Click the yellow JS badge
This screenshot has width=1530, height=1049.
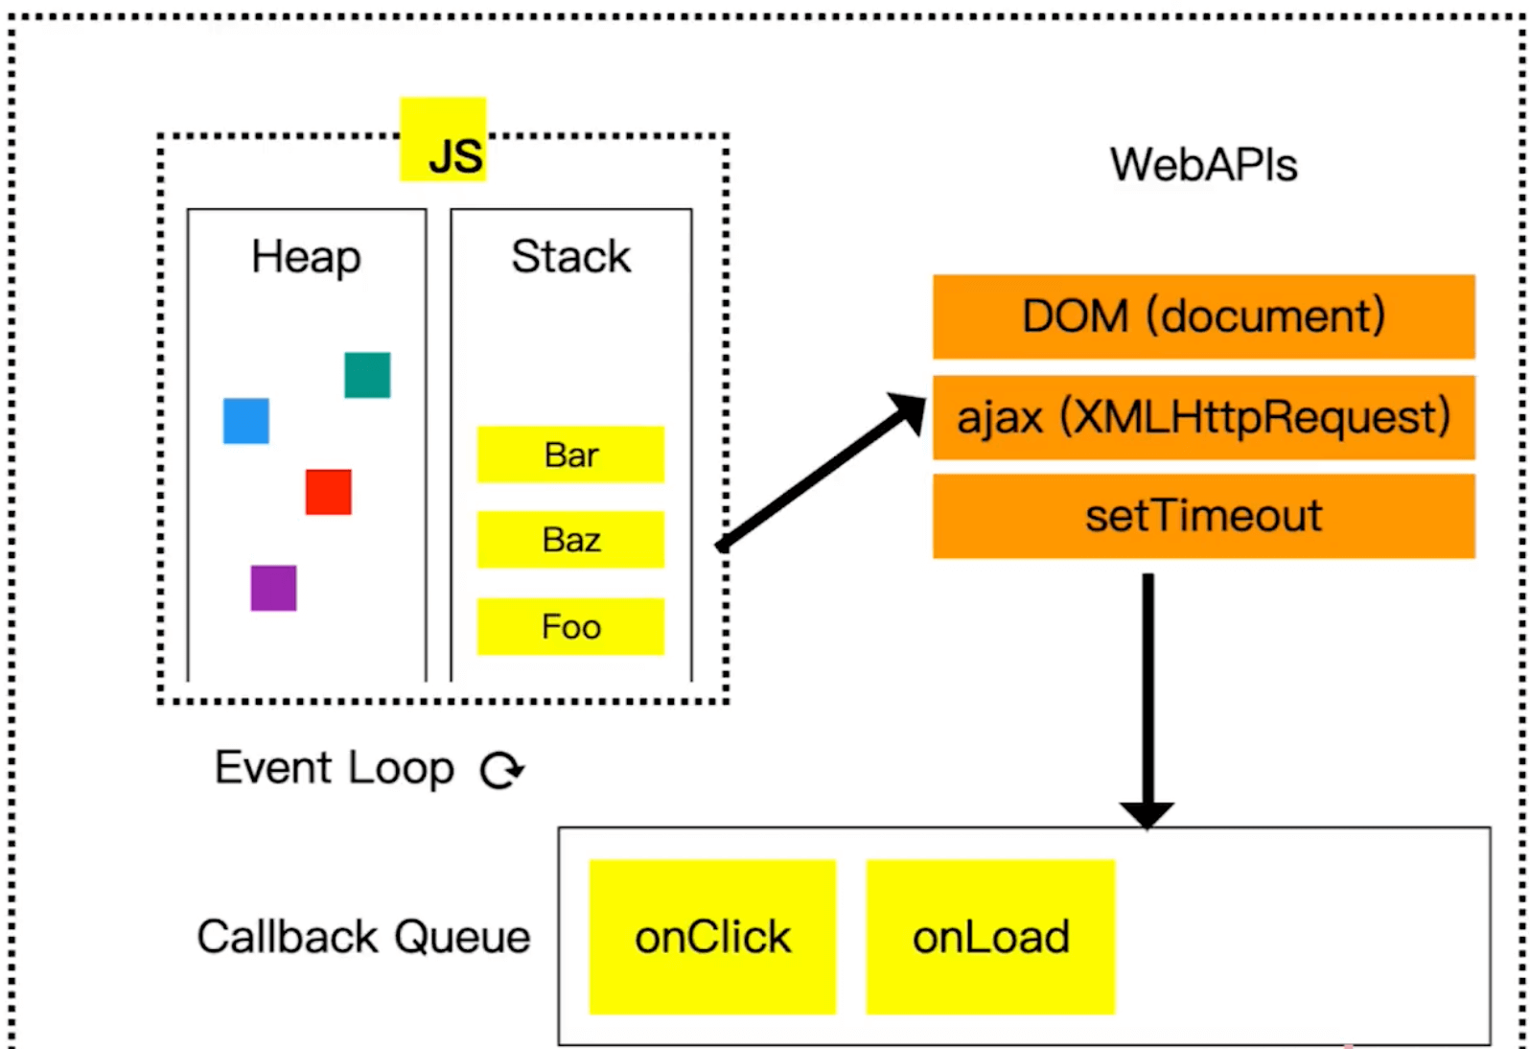click(x=443, y=140)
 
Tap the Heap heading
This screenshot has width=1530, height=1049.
click(x=307, y=257)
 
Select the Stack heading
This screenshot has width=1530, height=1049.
click(x=570, y=257)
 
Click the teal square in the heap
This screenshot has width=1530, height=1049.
click(x=367, y=375)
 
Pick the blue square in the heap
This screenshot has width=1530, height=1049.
click(x=246, y=421)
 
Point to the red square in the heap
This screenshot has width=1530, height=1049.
click(x=328, y=492)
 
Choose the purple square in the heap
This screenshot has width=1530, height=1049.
click(x=273, y=588)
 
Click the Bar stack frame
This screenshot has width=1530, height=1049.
click(x=570, y=455)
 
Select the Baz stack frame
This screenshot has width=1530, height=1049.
click(x=570, y=540)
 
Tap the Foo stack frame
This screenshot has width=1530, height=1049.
click(x=570, y=627)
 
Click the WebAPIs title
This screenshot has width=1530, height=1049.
click(x=1203, y=165)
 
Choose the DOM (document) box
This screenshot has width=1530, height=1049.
click(x=1203, y=316)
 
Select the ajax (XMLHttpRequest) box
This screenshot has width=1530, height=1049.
click(x=1203, y=417)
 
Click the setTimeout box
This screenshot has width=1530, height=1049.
click(x=1203, y=516)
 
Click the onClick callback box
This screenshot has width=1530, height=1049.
click(x=712, y=937)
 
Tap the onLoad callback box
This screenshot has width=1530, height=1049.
click(x=990, y=937)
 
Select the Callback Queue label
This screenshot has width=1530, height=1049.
click(x=363, y=937)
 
